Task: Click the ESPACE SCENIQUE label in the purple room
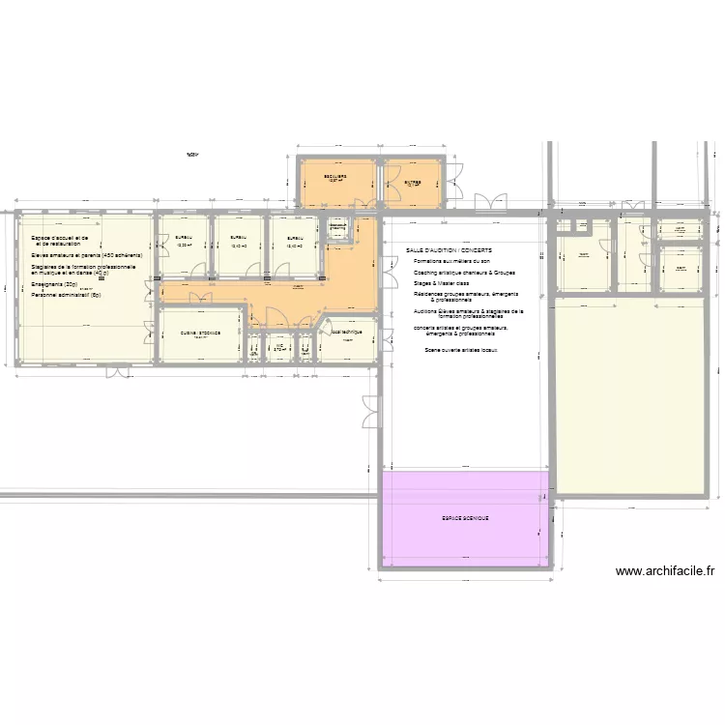point(465,518)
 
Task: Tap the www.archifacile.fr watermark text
point(665,571)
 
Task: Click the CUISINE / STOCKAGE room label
point(200,333)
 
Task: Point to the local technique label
point(346,332)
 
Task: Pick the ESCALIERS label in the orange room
point(335,177)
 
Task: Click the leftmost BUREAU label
point(184,238)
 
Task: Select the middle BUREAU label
point(239,238)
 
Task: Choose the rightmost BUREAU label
point(295,238)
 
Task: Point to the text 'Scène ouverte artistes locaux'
point(460,350)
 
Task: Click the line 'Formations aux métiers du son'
point(451,261)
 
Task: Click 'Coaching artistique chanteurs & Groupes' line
point(464,273)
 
